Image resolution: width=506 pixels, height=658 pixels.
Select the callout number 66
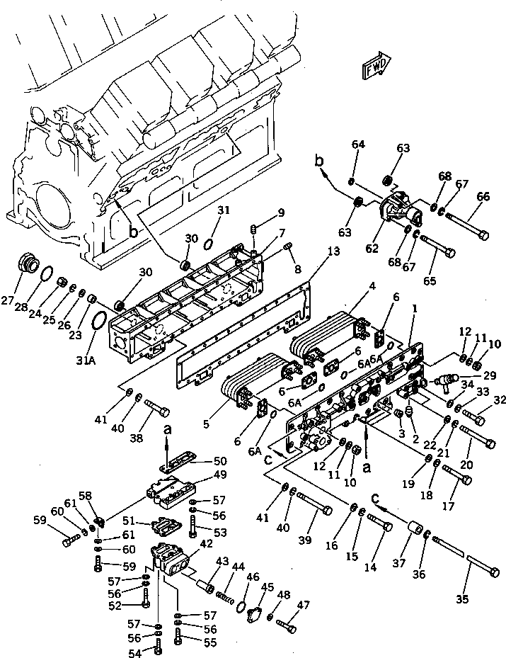(x=484, y=198)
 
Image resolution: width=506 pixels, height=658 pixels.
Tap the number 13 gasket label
(x=333, y=251)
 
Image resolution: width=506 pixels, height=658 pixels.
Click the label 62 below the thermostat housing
(x=372, y=249)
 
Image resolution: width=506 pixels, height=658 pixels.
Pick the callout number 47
(x=303, y=604)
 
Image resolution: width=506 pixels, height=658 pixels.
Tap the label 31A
(x=86, y=361)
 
